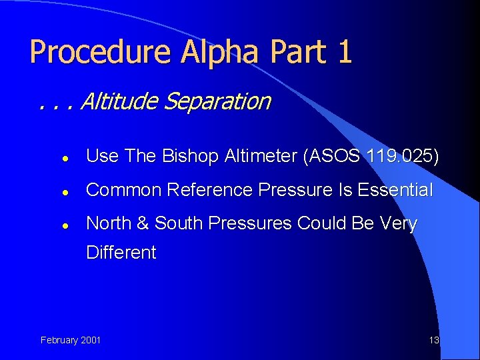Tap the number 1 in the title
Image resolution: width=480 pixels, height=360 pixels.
coord(344,52)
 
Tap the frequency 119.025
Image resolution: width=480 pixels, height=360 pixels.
coord(399,156)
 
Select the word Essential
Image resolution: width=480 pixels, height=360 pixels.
coord(395,190)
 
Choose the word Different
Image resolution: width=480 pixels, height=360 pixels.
coord(121,253)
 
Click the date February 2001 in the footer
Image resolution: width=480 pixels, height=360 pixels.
coord(71,340)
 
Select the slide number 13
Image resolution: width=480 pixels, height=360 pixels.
coord(434,340)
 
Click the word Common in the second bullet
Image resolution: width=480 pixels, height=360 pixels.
coord(124,190)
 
